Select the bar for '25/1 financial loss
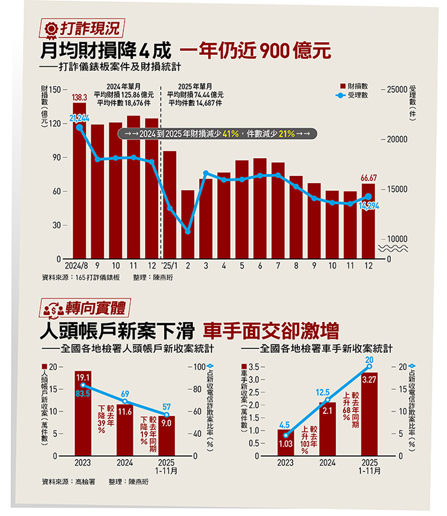[x=170, y=204]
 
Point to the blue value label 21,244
[x=79, y=118]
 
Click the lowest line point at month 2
[x=188, y=232]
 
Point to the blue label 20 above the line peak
[x=369, y=360]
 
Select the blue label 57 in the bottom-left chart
[x=167, y=406]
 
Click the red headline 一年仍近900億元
[x=255, y=50]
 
